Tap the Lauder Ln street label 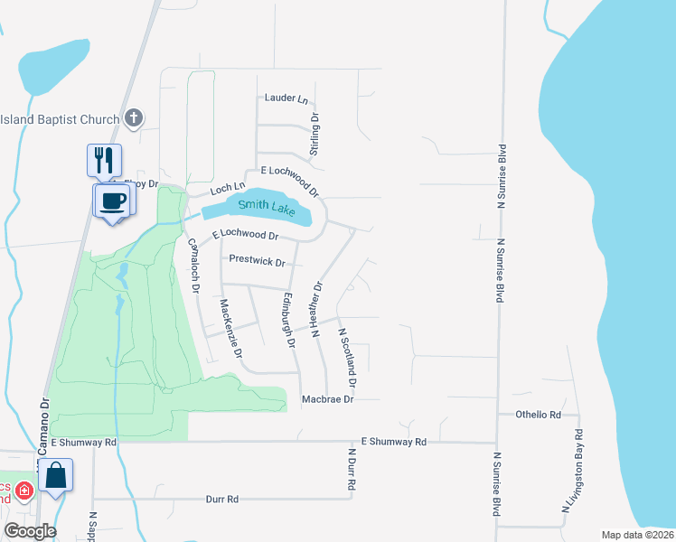(286, 98)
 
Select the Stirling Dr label (315, 135)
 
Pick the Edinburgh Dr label (288, 320)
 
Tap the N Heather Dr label (316, 309)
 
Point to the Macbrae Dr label (327, 398)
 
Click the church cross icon (134, 118)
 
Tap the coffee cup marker (112, 201)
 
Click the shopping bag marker (55, 475)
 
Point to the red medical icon (24, 492)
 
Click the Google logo (29, 531)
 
